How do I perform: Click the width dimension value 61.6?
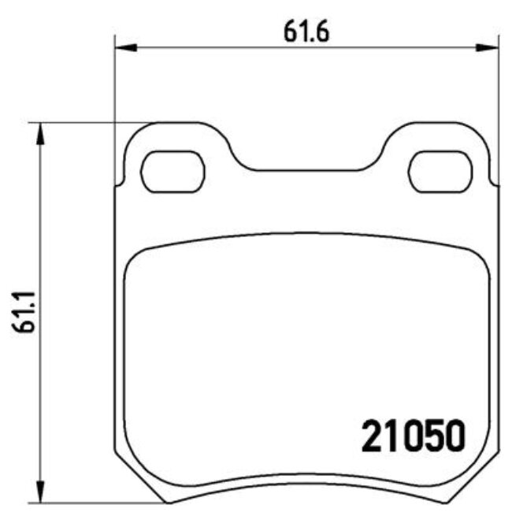pyautogui.click(x=306, y=32)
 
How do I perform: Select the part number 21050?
pyautogui.click(x=413, y=435)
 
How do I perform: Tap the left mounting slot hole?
pyautogui.click(x=173, y=171)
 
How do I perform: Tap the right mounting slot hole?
pyautogui.click(x=442, y=171)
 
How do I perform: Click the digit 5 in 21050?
pyautogui.click(x=432, y=435)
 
